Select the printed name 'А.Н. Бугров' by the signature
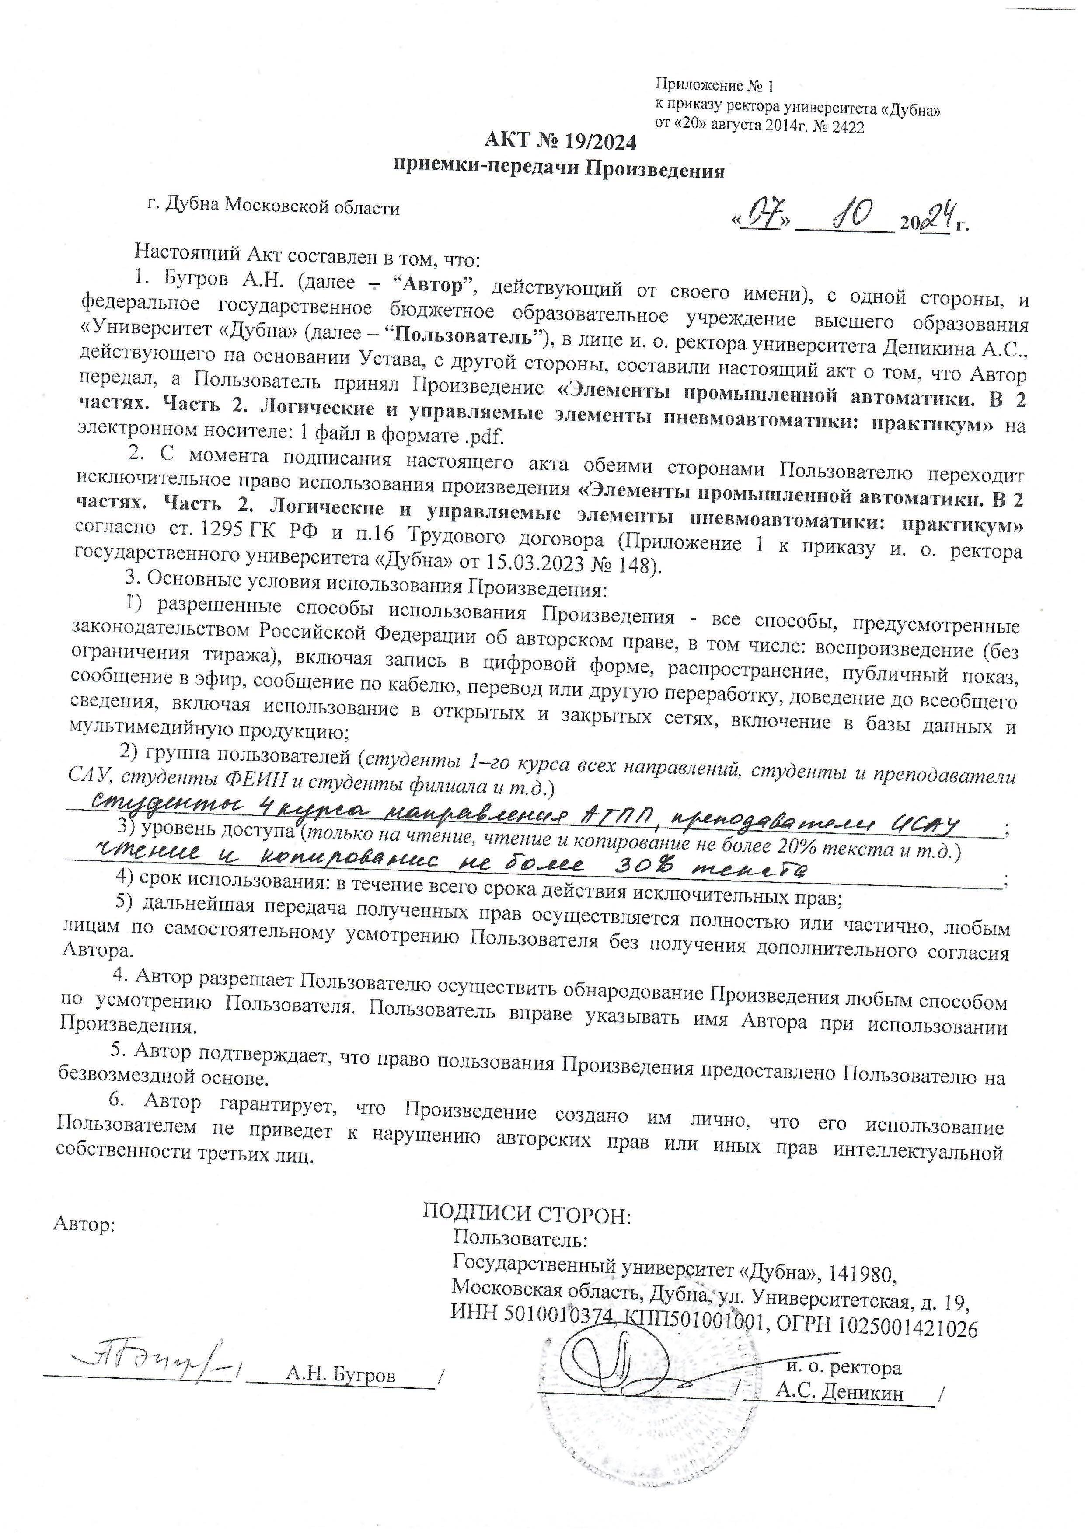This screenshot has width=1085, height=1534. pos(341,1374)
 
